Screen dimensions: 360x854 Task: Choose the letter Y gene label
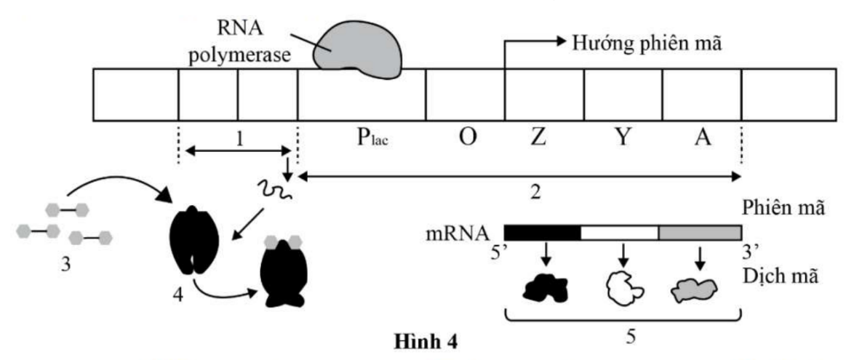[623, 138]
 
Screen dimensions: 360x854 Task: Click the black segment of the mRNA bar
[542, 233]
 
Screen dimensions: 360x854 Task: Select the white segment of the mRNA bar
[620, 233]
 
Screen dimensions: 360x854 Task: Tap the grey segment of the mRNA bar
[698, 233]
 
